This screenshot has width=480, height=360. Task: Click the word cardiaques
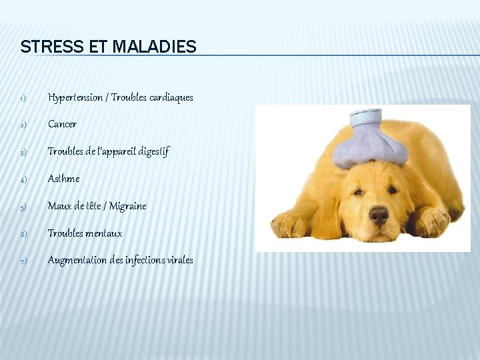point(171,97)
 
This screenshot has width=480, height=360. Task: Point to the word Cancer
point(62,124)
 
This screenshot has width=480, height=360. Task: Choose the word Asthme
point(63,179)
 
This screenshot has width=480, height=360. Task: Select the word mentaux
point(103,233)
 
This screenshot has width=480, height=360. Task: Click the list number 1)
point(22,99)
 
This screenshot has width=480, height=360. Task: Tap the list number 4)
point(22,180)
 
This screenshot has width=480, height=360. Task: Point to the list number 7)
point(22,261)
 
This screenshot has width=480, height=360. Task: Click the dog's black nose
point(379,214)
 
